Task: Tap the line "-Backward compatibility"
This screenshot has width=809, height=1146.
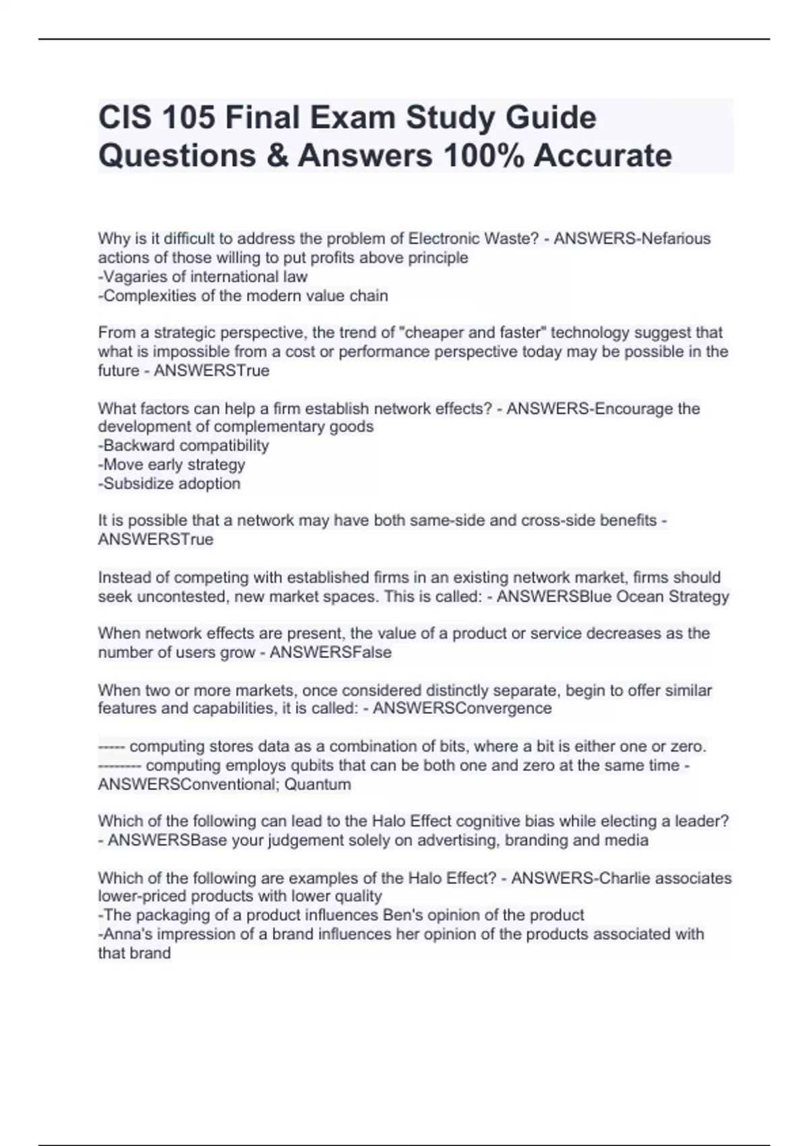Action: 183,446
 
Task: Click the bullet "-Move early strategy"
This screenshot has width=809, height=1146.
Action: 171,464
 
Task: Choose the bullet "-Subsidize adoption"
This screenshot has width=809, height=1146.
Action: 169,483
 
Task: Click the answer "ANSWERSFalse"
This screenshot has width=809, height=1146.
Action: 330,652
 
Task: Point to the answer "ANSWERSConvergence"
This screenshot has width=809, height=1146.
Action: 462,708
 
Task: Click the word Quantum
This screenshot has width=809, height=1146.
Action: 318,784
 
